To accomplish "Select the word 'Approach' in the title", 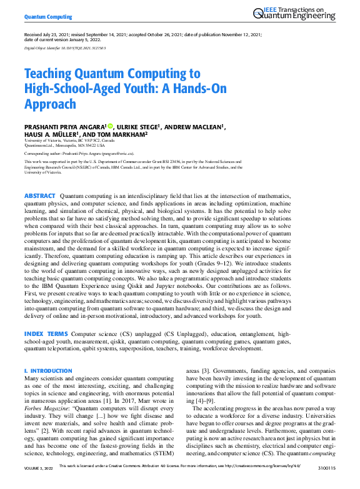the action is click(x=50, y=104).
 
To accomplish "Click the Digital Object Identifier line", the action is click(x=64, y=47).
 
